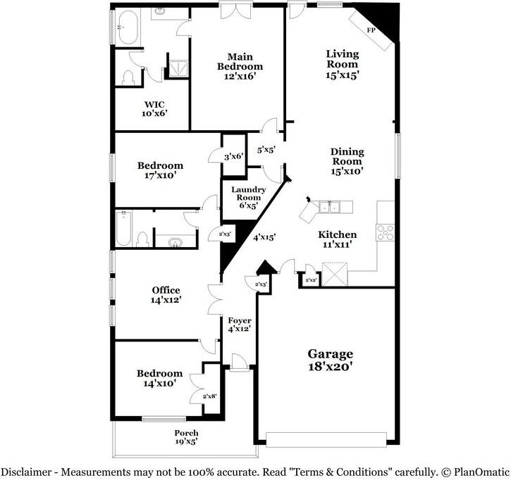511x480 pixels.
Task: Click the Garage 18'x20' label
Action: (330, 360)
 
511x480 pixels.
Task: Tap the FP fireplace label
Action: (371, 31)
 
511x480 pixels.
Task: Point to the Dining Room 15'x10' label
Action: (347, 161)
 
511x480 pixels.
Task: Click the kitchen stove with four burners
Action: (385, 232)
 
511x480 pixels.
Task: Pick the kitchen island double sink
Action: (329, 206)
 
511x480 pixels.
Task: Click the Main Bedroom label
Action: (240, 66)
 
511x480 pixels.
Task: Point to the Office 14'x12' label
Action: (166, 295)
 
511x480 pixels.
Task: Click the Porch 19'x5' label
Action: (186, 437)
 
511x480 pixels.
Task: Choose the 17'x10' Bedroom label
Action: (160, 171)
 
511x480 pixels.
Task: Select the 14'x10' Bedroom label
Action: (160, 378)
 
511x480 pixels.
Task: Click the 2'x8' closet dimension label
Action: (210, 396)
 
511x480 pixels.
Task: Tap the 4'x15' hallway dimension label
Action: (264, 237)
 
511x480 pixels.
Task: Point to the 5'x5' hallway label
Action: (266, 149)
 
